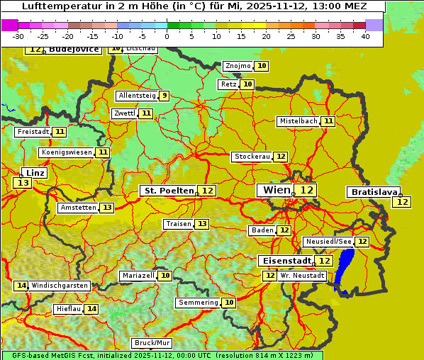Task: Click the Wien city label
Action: [x=276, y=190]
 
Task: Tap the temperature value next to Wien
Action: [x=306, y=190]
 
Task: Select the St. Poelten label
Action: [x=169, y=191]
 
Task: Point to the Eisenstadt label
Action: [x=284, y=261]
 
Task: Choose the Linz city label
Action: [x=35, y=172]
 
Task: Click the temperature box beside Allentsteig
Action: [x=164, y=96]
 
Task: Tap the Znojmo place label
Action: [x=238, y=66]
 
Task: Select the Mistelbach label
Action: [x=298, y=121]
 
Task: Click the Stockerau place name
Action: [x=252, y=157]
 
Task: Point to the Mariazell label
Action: [x=138, y=276]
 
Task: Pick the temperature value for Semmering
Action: [x=228, y=303]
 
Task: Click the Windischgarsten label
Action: [x=60, y=286]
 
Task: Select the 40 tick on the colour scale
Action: [x=365, y=36]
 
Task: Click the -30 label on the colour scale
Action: [x=18, y=36]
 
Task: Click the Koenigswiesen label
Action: [x=67, y=152]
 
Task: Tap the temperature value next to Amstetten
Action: [x=106, y=208]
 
